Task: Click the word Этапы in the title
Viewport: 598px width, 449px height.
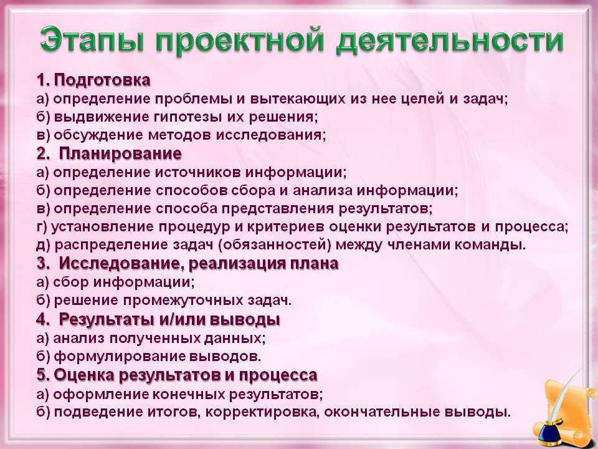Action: [92, 40]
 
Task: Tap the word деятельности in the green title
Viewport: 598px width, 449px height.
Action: [450, 41]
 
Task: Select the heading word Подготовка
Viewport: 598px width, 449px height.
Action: [102, 80]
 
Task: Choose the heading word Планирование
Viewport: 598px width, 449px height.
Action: [120, 153]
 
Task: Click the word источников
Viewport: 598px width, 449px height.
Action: [197, 172]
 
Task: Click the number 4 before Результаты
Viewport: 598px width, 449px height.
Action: [42, 319]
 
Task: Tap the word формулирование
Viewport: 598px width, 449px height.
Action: [120, 356]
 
